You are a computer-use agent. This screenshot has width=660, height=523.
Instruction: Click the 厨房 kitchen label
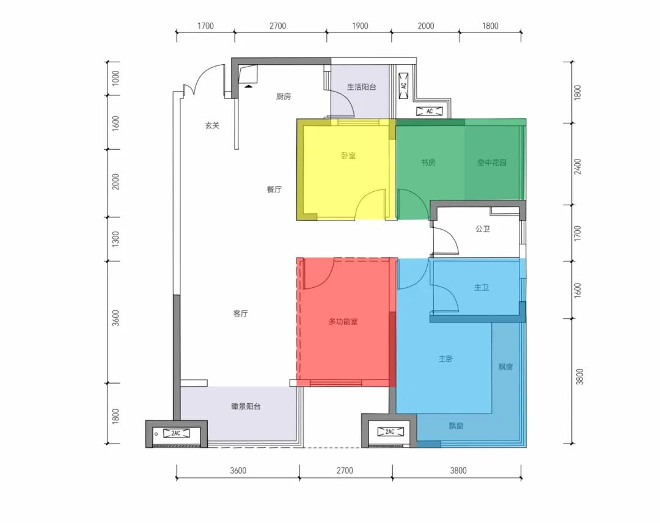click(x=284, y=97)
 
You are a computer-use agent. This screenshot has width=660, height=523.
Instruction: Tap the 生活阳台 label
click(x=361, y=87)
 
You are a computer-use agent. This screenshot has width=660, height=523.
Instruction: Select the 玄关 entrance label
click(x=212, y=125)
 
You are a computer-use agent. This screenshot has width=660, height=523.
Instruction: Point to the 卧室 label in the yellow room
click(x=348, y=156)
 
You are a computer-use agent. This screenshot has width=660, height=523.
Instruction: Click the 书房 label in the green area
click(x=428, y=163)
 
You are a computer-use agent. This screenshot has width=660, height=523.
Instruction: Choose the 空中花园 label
click(x=491, y=163)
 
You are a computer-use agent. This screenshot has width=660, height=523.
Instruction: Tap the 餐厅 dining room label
click(x=274, y=189)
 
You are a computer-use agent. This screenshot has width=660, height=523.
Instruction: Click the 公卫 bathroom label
click(x=483, y=229)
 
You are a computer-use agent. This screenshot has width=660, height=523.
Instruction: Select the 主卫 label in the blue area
click(x=482, y=288)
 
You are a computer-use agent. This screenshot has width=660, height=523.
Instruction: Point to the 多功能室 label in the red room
click(x=343, y=322)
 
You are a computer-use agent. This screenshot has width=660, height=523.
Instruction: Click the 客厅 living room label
click(x=240, y=313)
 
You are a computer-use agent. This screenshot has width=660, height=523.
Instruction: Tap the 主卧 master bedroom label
click(x=446, y=359)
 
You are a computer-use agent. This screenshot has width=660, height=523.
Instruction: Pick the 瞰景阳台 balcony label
click(x=246, y=406)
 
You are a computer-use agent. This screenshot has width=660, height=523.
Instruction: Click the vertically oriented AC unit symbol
click(x=403, y=86)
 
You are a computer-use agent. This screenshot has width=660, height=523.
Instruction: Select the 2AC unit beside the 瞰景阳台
click(x=176, y=433)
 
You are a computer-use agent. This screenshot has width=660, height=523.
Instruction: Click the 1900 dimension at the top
click(x=360, y=26)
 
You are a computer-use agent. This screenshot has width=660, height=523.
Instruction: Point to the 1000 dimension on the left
click(x=116, y=78)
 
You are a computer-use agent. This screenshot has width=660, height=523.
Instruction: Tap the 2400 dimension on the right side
click(x=577, y=167)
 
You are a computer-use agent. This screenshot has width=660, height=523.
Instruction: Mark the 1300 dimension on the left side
click(x=116, y=239)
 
